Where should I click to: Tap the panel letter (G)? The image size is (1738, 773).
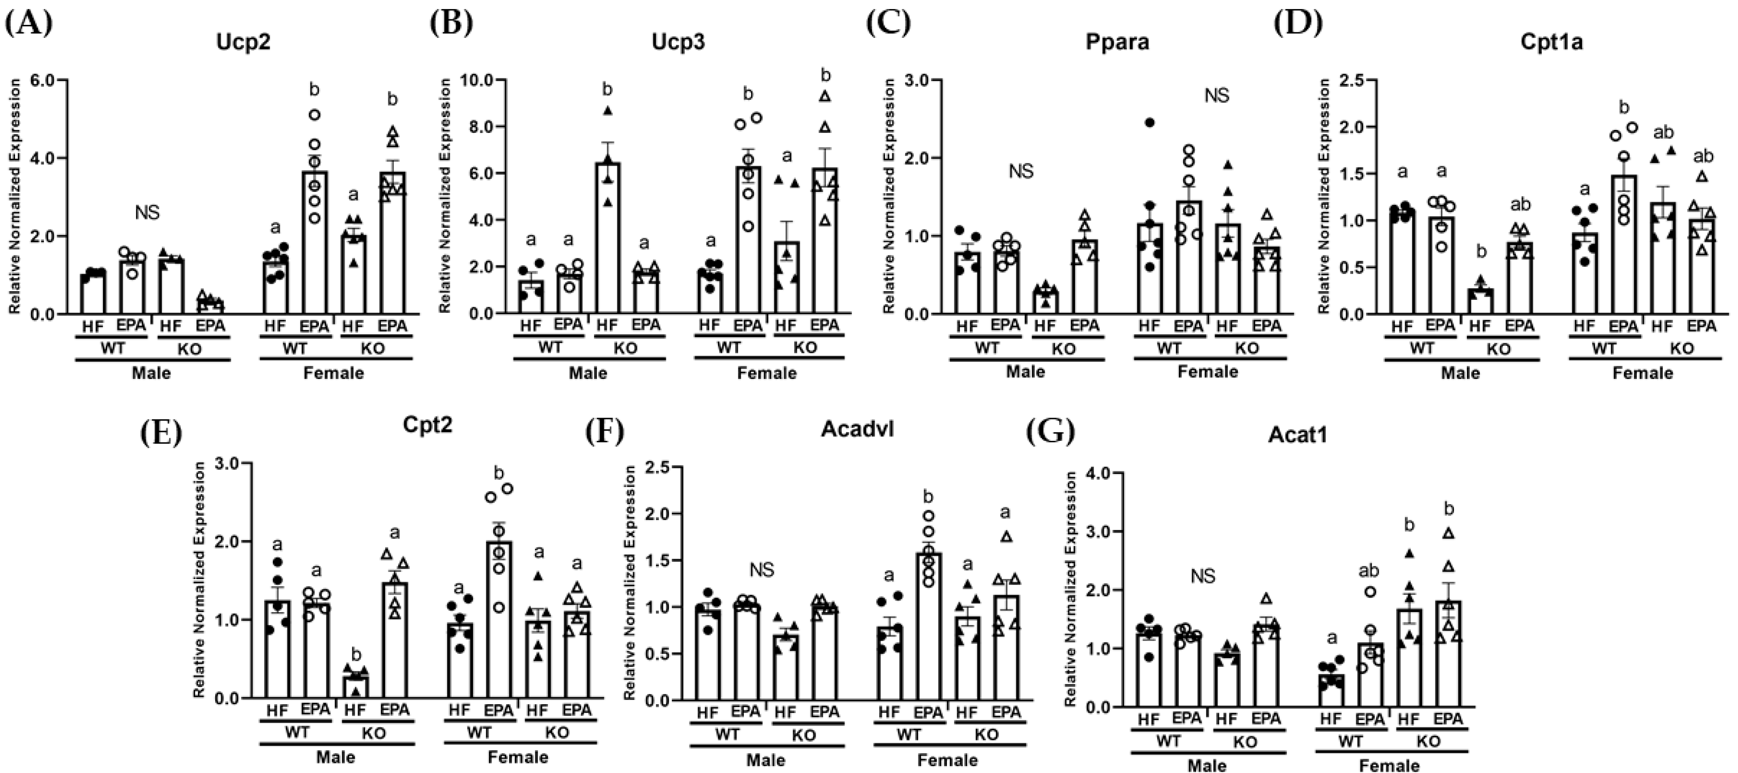pyautogui.click(x=1050, y=432)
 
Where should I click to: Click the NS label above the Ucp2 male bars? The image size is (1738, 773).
pyautogui.click(x=147, y=213)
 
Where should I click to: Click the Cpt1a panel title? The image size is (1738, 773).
pyautogui.click(x=1552, y=42)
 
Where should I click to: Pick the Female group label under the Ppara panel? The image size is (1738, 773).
pyautogui.click(x=1208, y=372)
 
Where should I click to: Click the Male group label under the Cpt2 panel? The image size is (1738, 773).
pyautogui.click(x=335, y=757)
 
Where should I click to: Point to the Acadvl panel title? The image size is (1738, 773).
pyautogui.click(x=857, y=430)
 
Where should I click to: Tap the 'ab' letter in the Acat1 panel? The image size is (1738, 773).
pyautogui.click(x=1370, y=571)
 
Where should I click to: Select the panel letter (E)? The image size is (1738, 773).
pyautogui.click(x=161, y=432)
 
